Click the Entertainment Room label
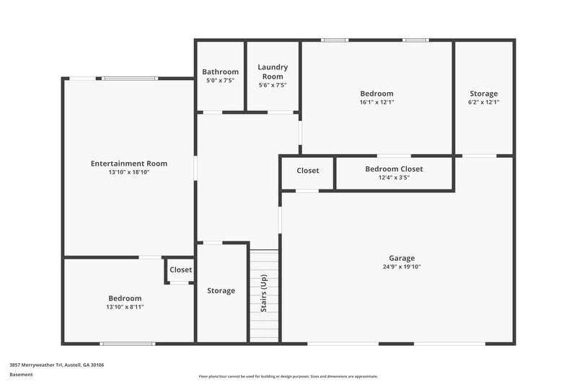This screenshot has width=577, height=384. pos(129,164)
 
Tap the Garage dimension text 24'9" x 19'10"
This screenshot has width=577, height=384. pos(402,267)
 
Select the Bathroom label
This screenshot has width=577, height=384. pos(220,71)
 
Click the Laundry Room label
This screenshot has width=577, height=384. pos(272,71)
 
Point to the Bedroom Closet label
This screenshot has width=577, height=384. pos(394,169)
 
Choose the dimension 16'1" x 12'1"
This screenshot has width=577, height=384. pos(376,102)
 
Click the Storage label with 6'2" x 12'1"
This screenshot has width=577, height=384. pos(483,94)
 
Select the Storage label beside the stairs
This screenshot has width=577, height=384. pos(221,291)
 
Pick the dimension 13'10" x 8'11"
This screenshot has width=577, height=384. pos(125,307)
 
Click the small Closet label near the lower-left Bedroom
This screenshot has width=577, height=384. pos(180,270)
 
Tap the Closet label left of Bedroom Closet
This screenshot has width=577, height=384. pos(308,171)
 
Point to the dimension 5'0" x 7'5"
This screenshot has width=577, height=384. pos(220,80)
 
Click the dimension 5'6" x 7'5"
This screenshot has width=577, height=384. pos(272,85)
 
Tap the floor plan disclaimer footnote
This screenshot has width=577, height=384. pos(288,376)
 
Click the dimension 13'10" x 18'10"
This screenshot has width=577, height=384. pos(129,172)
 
